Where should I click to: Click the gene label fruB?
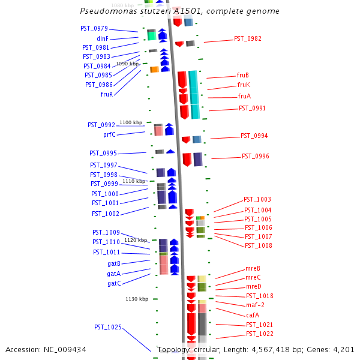243,76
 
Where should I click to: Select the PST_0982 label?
248,38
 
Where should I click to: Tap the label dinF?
103,38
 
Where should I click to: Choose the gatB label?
114,263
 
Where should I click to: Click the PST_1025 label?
108,327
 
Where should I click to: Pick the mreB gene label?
253,268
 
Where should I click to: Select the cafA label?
253,315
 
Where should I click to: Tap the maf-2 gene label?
255,305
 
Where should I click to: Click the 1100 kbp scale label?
131,122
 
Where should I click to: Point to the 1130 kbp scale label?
137,299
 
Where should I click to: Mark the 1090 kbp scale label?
127,64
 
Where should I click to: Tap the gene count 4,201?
343,350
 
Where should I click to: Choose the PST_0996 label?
256,156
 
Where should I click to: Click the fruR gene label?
107,94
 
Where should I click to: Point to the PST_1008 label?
259,245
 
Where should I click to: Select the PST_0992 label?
101,125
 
